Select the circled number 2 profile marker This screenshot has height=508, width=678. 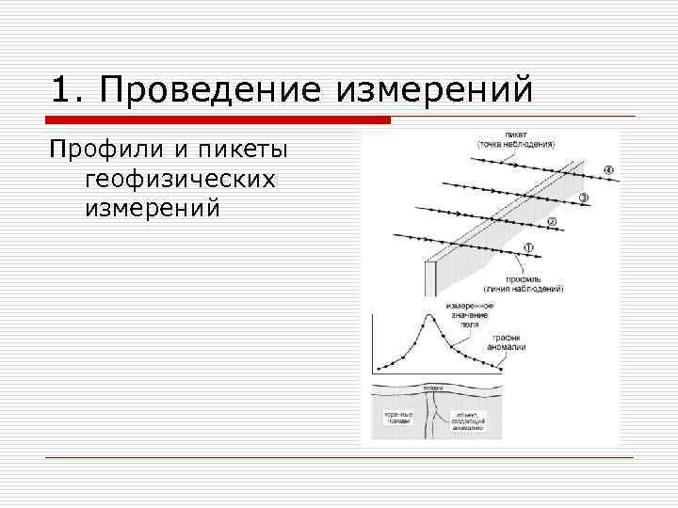click(x=552, y=222)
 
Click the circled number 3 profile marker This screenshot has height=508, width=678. click(x=583, y=198)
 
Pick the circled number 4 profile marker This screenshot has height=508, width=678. click(x=608, y=171)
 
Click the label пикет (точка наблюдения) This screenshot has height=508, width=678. click(x=515, y=139)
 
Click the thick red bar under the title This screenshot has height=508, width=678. click(x=217, y=120)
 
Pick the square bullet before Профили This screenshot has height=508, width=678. click(x=56, y=152)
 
